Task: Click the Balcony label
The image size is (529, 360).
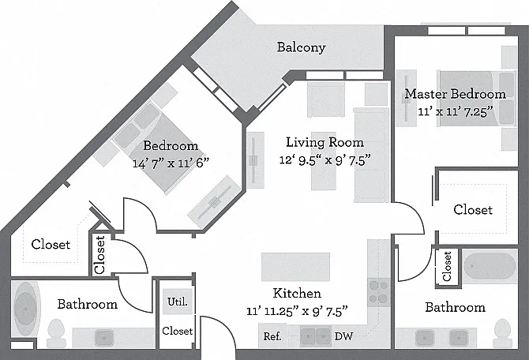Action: click(x=301, y=47)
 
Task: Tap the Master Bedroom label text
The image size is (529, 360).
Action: click(x=455, y=94)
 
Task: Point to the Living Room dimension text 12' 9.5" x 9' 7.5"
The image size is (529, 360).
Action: click(x=325, y=160)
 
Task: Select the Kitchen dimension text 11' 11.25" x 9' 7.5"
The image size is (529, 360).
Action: click(x=297, y=310)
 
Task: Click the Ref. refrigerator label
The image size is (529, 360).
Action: click(x=272, y=336)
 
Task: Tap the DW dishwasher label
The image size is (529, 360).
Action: click(x=343, y=336)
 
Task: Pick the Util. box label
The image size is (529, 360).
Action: click(x=178, y=302)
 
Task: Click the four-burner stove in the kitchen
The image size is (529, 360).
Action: click(x=378, y=292)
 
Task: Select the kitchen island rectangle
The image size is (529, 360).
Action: click(x=295, y=267)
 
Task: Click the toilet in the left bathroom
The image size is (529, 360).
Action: click(x=56, y=333)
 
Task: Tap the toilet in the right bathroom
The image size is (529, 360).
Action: click(x=502, y=333)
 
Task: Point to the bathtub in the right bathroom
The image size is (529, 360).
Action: click(x=490, y=266)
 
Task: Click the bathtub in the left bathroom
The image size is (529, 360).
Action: click(x=25, y=309)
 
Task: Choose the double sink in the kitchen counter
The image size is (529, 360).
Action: click(x=316, y=336)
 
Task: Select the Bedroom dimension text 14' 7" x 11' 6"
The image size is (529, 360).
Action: click(x=171, y=163)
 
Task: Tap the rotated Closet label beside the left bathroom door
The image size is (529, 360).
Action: click(x=99, y=255)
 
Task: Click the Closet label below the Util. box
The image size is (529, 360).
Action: click(x=178, y=331)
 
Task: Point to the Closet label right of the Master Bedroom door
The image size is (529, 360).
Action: click(x=473, y=209)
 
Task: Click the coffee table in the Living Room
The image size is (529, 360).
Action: click(x=324, y=161)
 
